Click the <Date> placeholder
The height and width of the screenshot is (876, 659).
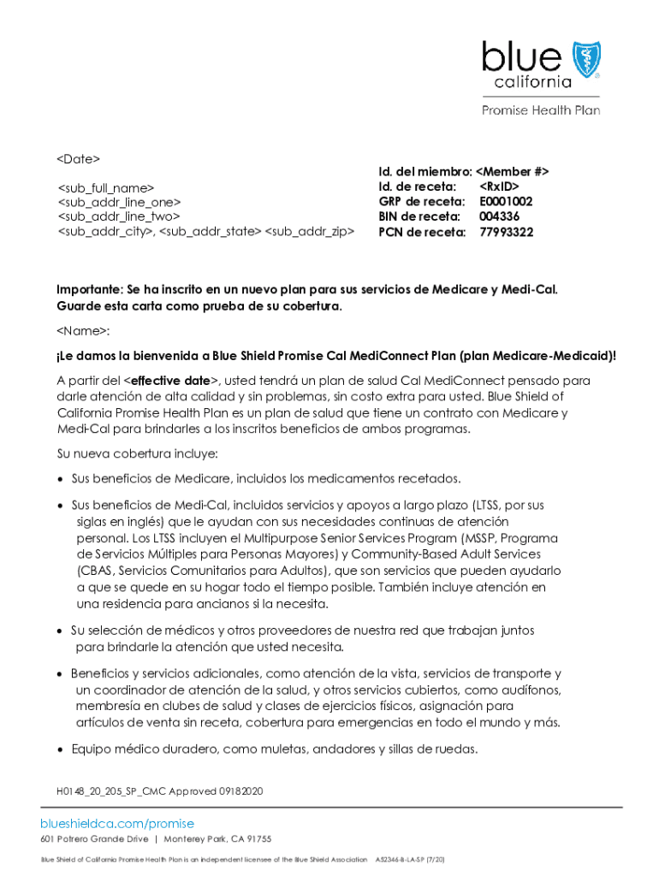[x=79, y=159]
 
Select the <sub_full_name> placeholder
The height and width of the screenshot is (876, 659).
[x=106, y=188]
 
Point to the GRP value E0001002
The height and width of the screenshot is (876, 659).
[x=506, y=202]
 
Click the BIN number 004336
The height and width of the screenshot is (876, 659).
[x=499, y=216]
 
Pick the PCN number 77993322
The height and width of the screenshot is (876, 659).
[x=506, y=232]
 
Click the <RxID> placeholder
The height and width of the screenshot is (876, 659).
[x=499, y=186]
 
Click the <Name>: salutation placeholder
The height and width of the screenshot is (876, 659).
[x=84, y=330]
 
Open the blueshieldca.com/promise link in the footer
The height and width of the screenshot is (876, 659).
[x=117, y=824]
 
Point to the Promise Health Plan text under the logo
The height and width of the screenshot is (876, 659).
[x=540, y=110]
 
